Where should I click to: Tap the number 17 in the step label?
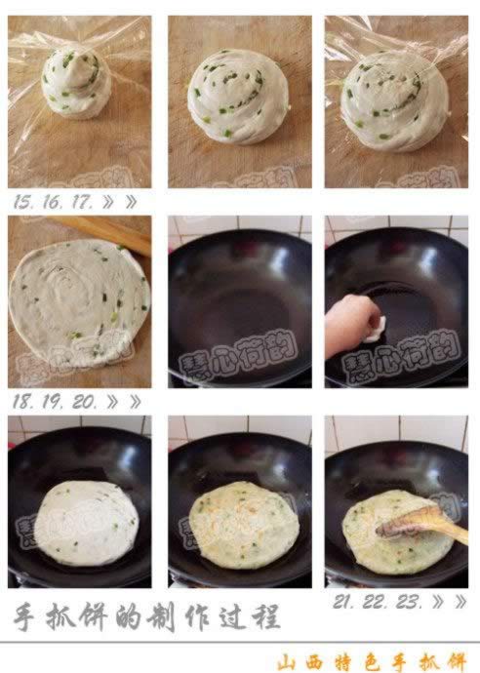pos(83,203)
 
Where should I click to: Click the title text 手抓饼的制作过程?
pos(146,616)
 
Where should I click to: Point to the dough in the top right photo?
pos(393,100)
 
